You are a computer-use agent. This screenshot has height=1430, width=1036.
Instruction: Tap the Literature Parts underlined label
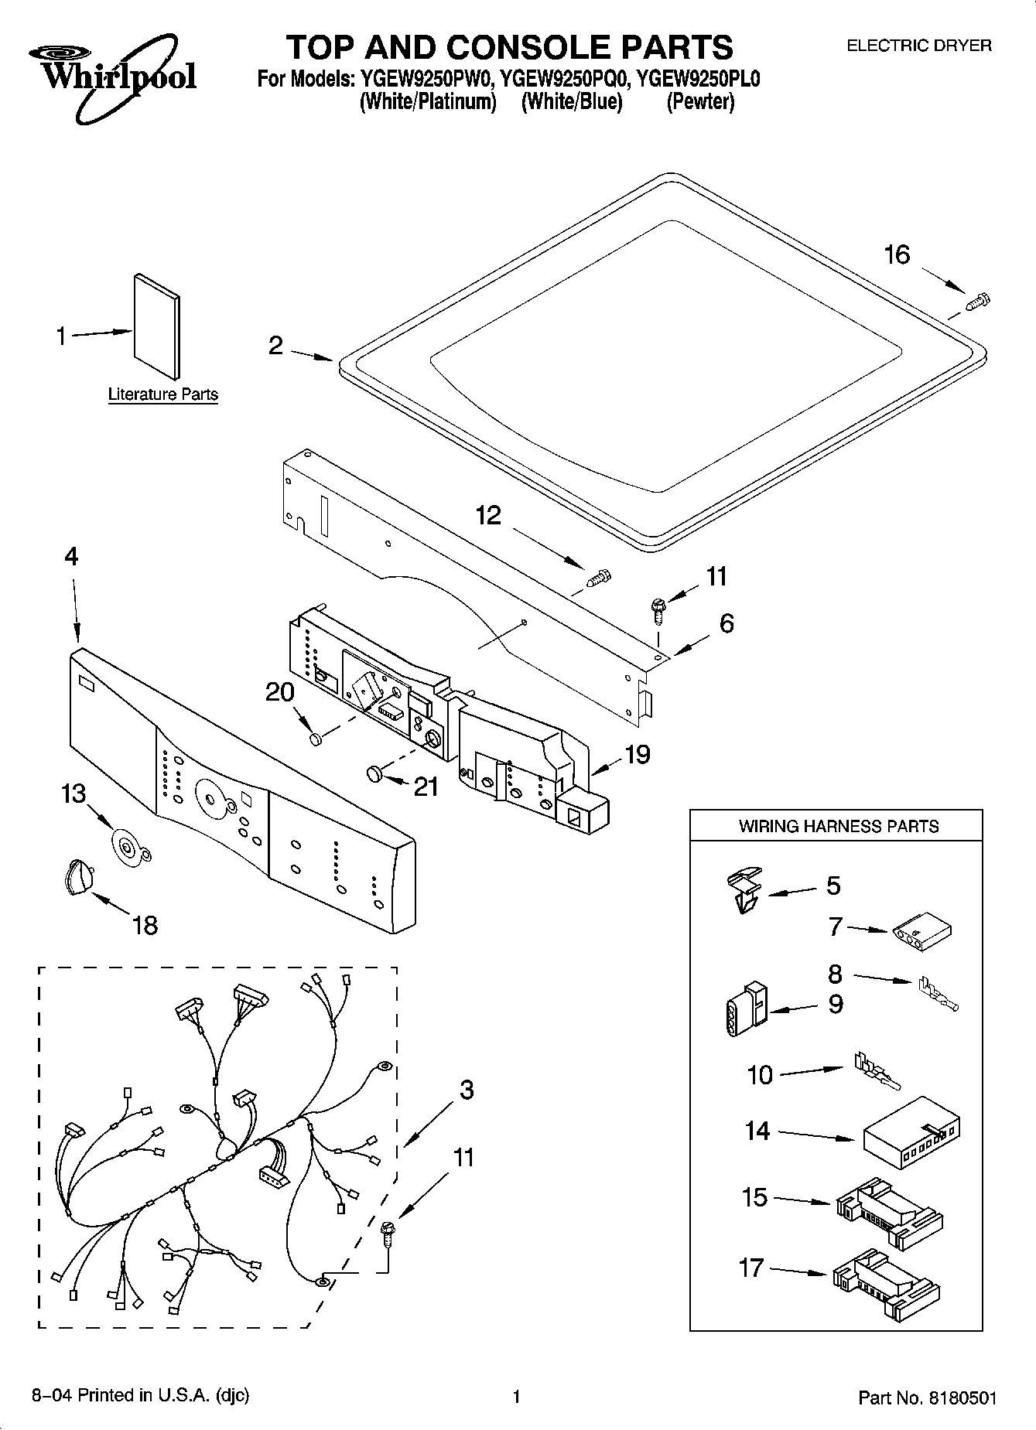tap(162, 394)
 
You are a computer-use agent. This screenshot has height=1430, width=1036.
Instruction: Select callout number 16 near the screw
tap(897, 254)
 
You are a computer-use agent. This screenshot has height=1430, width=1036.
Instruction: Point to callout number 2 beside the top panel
tap(276, 346)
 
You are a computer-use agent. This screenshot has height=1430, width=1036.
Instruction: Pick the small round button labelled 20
tap(315, 740)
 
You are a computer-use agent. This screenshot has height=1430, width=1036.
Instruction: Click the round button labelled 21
tap(374, 773)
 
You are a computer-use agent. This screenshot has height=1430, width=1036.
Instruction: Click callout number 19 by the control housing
tap(637, 754)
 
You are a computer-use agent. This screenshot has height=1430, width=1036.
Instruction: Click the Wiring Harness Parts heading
tap(838, 826)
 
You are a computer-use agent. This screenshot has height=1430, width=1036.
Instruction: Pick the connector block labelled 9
tap(746, 1009)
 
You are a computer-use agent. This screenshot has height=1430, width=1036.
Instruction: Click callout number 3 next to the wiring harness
tap(466, 1090)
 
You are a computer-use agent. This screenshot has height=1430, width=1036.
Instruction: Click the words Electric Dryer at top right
tap(918, 46)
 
